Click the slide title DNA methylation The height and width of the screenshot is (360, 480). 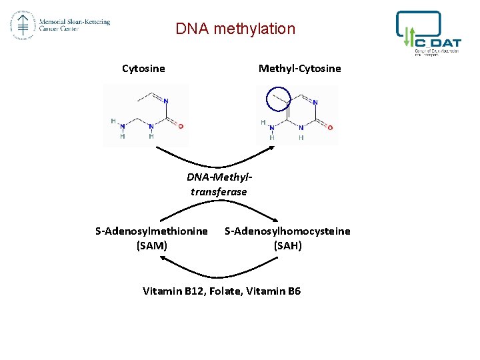tap(235, 29)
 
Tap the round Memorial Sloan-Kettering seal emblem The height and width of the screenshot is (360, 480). tap(21, 25)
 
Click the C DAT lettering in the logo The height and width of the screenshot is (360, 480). tap(437, 39)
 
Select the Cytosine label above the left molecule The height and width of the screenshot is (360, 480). tap(143, 68)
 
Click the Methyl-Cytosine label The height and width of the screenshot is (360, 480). tap(299, 68)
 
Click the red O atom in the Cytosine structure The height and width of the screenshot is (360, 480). tap(181, 125)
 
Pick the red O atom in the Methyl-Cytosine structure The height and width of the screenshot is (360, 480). tap(330, 127)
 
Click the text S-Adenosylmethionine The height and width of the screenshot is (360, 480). tap(151, 231)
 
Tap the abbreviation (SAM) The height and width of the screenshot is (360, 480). tap(151, 245)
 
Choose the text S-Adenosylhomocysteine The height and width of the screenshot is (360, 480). tap(287, 231)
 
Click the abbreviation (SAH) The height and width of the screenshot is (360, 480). tap(287, 245)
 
